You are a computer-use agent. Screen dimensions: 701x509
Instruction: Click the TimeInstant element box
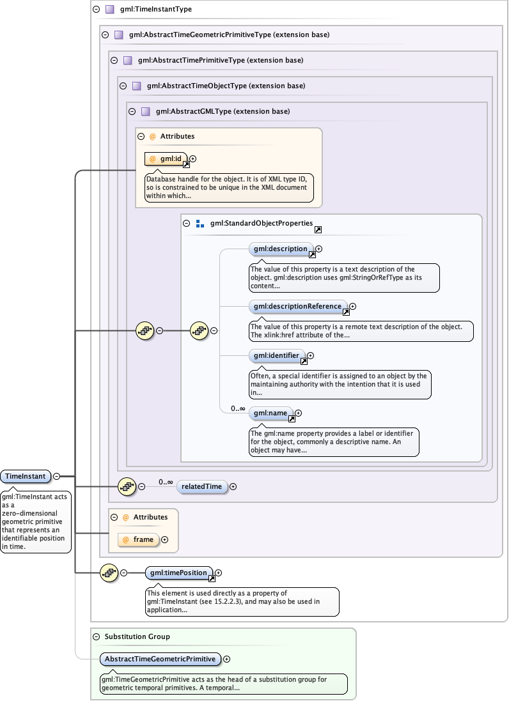[26, 476]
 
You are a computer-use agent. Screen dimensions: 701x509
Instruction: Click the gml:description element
[280, 249]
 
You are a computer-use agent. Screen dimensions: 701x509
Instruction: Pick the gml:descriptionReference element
[297, 306]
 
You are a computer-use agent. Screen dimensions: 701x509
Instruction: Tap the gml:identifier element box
[276, 355]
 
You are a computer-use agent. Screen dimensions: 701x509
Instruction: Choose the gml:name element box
[270, 413]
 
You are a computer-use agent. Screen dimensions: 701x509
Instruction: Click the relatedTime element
[201, 486]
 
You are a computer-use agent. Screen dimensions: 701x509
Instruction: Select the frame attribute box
[139, 539]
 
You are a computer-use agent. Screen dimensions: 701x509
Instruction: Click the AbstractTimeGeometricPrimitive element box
[160, 659]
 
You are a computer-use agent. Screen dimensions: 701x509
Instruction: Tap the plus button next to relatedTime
[233, 487]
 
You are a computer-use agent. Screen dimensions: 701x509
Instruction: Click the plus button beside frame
[165, 540]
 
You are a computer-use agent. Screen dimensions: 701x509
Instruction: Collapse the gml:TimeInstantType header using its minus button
[96, 10]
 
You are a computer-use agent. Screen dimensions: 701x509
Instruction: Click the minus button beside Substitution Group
[97, 636]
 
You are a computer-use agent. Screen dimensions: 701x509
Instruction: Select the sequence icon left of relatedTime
[127, 486]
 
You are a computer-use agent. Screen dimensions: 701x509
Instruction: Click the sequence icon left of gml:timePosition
[109, 573]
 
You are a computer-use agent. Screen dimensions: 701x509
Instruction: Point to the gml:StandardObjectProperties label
[262, 224]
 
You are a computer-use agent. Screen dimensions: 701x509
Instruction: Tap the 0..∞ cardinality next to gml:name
[238, 408]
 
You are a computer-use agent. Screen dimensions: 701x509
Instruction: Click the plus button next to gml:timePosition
[219, 573]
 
